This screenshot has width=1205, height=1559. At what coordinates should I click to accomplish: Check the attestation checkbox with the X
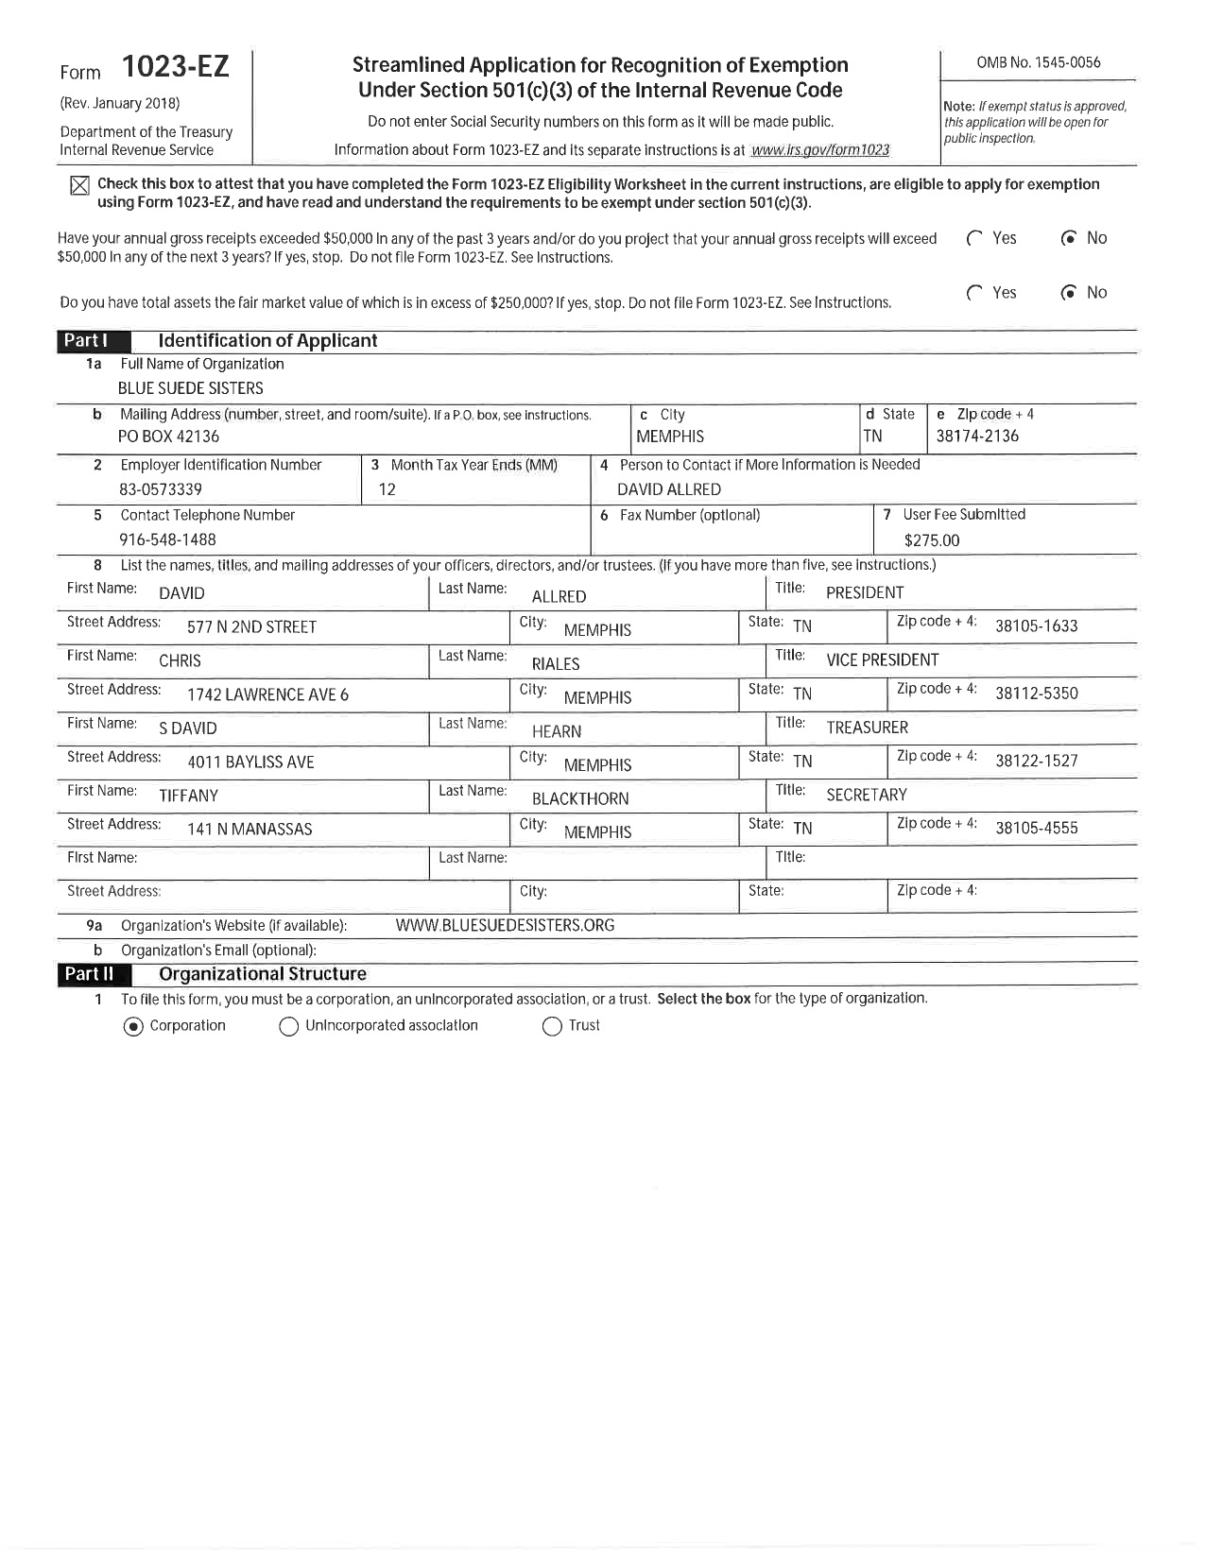pos(79,185)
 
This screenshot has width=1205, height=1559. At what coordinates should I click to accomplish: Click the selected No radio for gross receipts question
pos(1069,238)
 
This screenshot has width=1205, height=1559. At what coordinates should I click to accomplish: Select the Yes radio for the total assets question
pos(975,293)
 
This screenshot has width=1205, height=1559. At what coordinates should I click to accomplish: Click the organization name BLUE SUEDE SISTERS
pos(190,388)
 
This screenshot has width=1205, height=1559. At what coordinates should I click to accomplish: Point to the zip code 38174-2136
pos(977,437)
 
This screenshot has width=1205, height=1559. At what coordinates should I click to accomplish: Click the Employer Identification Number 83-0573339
pos(160,489)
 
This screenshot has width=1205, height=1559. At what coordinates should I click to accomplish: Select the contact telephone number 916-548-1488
pos(167,540)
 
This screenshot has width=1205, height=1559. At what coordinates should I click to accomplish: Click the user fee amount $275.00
pos(931,540)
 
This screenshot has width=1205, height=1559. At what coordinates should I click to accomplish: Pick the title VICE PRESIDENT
pos(882,660)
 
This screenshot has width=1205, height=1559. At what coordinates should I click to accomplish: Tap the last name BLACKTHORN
pos(579,798)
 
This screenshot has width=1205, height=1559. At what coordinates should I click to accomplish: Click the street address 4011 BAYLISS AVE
pos(250,762)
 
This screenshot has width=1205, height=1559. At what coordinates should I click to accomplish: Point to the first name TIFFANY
pos(188,796)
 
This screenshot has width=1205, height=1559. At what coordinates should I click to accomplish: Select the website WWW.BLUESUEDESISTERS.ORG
pos(505,925)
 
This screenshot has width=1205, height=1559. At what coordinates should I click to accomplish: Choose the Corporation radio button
pos(133,1027)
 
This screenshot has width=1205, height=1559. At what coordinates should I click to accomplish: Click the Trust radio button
pos(552,1027)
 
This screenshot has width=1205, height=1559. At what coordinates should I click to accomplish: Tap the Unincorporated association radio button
pos(289,1027)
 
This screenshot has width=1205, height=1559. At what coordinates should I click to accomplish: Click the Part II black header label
pos(89,974)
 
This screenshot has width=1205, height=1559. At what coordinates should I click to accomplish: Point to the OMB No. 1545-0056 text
pos(1038,62)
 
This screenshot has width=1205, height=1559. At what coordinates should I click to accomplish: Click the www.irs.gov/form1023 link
pos(819,150)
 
